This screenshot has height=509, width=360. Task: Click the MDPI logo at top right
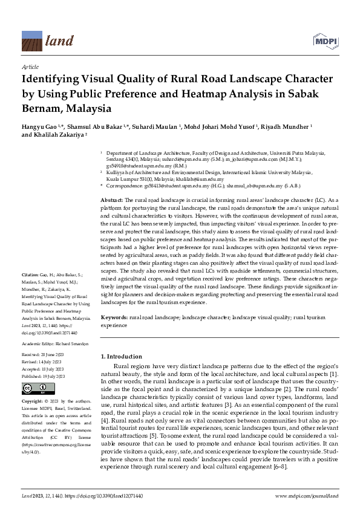click(x=325, y=39)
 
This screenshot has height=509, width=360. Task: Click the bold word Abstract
click(x=111, y=199)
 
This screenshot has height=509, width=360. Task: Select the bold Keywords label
click(x=113, y=317)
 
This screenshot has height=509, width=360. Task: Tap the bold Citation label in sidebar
click(x=31, y=274)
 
